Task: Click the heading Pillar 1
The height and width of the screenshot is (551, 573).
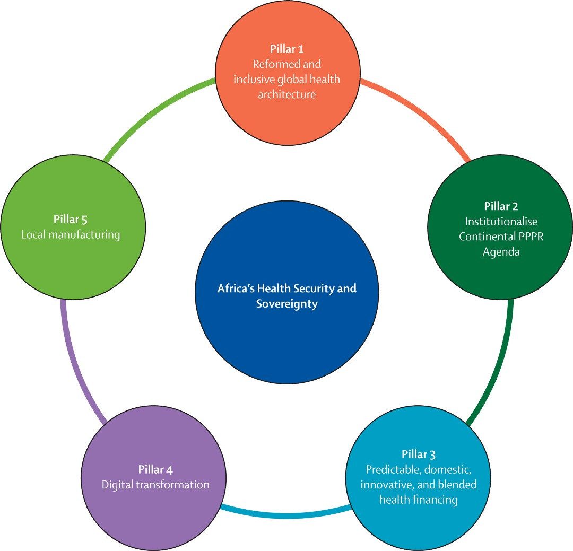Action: click(286, 49)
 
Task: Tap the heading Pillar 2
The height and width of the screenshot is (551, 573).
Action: click(501, 206)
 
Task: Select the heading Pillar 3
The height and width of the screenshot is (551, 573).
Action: click(419, 454)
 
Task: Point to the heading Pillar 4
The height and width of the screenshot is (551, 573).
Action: click(155, 469)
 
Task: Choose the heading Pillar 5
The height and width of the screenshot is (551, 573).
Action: click(71, 219)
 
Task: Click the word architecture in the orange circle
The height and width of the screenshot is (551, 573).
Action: click(287, 95)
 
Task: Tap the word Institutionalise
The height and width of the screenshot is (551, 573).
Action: click(501, 221)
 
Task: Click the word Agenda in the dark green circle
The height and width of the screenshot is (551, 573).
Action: click(501, 252)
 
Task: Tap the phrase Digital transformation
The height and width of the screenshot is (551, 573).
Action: click(155, 485)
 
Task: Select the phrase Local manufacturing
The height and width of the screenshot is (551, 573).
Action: click(71, 234)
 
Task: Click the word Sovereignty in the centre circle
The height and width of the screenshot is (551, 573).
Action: click(286, 304)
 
